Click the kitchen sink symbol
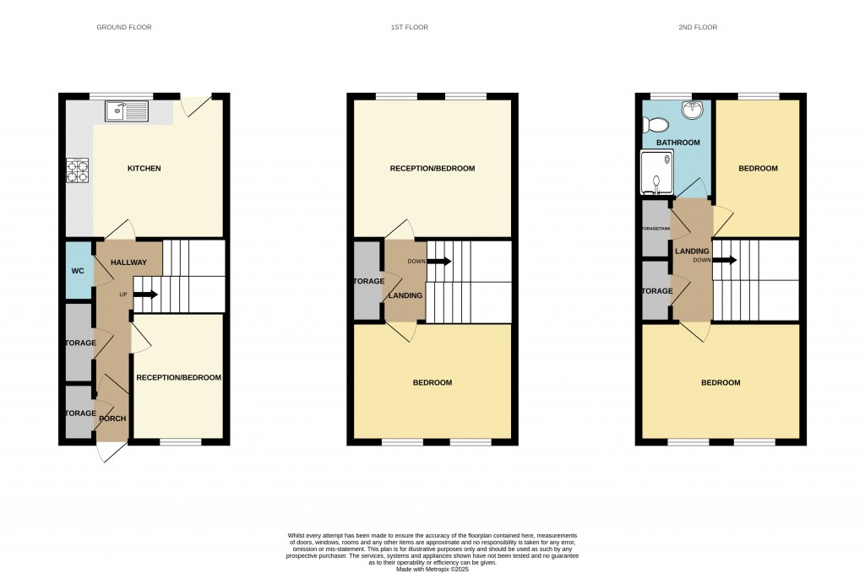point(126,111)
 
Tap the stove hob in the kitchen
point(78,171)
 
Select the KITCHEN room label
point(144,169)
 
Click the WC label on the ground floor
point(78,271)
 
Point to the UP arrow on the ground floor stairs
point(144,295)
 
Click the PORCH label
point(112,419)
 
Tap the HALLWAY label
point(128,263)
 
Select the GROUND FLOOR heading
point(124,27)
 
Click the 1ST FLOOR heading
point(409,27)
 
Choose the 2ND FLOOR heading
point(697,27)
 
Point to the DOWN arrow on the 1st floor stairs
point(439,262)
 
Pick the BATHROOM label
point(679,143)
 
